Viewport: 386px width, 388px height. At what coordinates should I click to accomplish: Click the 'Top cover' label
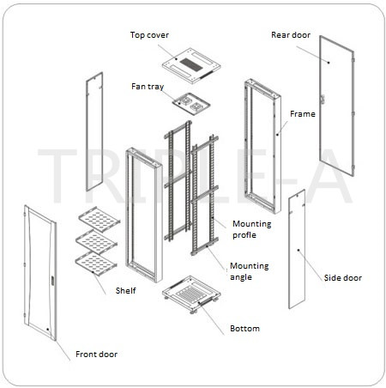[x=149, y=35]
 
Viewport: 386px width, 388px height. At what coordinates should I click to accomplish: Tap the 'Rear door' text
[x=291, y=35]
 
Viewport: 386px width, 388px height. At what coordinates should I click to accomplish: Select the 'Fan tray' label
[x=148, y=87]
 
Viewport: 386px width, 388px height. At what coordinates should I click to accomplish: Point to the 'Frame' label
[x=303, y=114]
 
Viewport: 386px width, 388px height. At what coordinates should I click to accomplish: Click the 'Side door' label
[x=343, y=278]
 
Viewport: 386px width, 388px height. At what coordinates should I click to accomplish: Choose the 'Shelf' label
[x=125, y=291]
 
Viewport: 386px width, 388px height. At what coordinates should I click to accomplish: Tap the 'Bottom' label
[x=244, y=329]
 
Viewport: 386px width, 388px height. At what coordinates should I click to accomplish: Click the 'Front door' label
[x=96, y=355]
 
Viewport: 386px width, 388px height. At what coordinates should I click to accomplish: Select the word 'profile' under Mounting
[x=244, y=235]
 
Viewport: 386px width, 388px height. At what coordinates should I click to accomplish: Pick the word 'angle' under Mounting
[x=241, y=277]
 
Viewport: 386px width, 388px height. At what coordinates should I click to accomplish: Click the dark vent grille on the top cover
[x=191, y=65]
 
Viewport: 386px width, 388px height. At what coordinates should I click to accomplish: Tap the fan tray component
[x=191, y=104]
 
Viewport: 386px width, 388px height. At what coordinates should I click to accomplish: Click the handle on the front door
[x=52, y=281]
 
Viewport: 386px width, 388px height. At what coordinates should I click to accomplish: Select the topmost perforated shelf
[x=100, y=219]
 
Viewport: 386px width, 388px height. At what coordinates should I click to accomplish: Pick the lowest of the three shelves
[x=96, y=264]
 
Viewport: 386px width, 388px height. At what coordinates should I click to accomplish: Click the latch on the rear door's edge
[x=323, y=100]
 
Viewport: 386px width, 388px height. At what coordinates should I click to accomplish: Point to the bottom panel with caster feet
[x=191, y=294]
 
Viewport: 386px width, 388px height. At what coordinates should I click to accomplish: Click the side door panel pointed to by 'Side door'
[x=297, y=249]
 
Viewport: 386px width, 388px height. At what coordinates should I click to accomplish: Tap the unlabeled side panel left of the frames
[x=94, y=131]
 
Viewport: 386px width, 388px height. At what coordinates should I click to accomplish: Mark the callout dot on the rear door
[x=329, y=63]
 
